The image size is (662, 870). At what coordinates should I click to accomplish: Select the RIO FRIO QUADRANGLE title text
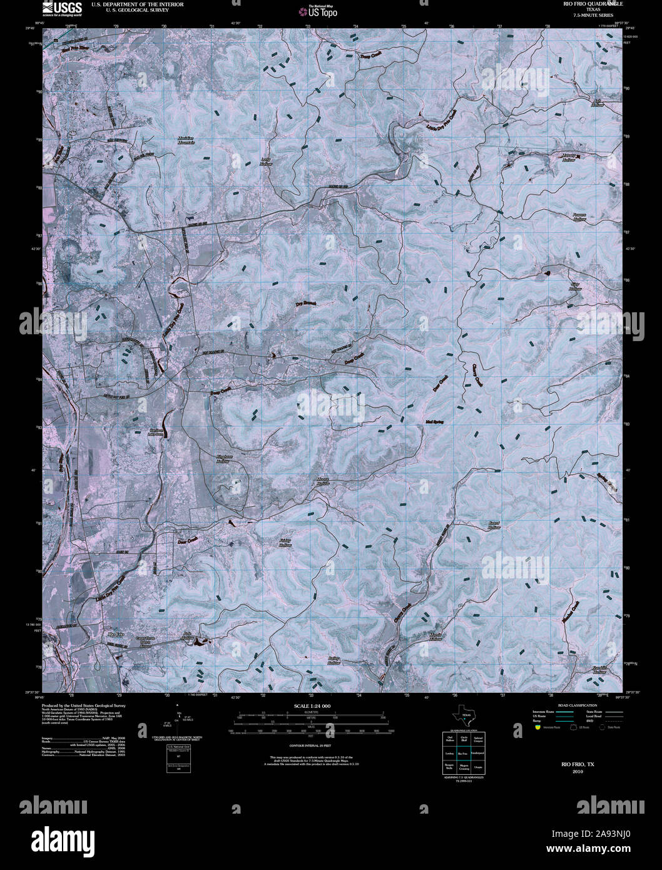[579, 4]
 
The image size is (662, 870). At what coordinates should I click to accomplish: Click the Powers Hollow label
[579, 217]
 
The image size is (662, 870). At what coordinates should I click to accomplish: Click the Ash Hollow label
[597, 103]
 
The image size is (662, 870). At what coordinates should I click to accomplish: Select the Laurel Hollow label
[494, 525]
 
